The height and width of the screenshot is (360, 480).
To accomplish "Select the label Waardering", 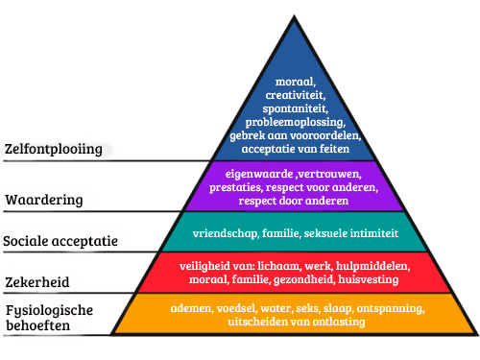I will pos(51,200).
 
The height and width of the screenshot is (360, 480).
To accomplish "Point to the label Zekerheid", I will pos(42,281).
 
